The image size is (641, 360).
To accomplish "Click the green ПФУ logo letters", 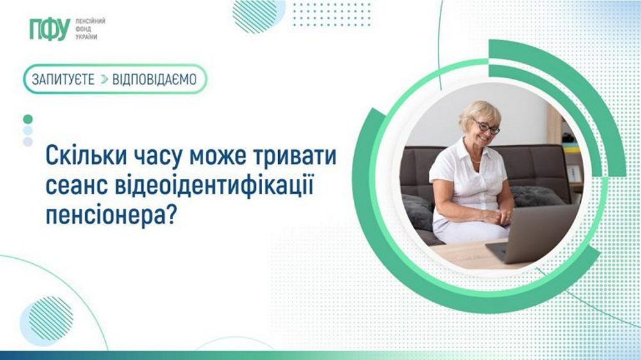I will coord(49,29).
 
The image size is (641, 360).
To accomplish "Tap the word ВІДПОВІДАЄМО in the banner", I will coord(154,79).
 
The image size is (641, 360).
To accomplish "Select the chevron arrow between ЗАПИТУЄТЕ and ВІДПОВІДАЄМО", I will coord(103,79).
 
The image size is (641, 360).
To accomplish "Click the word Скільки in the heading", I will coord(80,156).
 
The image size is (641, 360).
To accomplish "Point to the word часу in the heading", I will coord(153,156).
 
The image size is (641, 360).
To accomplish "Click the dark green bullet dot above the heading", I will coord(28,119).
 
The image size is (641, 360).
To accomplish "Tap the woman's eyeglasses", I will coord(487,128).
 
